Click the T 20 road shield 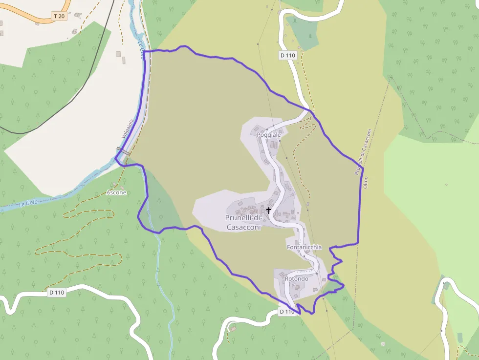click(x=59, y=16)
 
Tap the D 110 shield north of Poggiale click(x=288, y=55)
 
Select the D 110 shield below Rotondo click(x=287, y=311)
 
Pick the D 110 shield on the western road click(x=57, y=293)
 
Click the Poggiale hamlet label click(x=269, y=134)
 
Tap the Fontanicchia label click(x=304, y=247)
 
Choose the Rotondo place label click(x=296, y=279)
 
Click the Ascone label click(x=116, y=192)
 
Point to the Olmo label click(x=365, y=183)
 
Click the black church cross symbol click(x=269, y=211)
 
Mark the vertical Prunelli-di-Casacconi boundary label click(x=363, y=152)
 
